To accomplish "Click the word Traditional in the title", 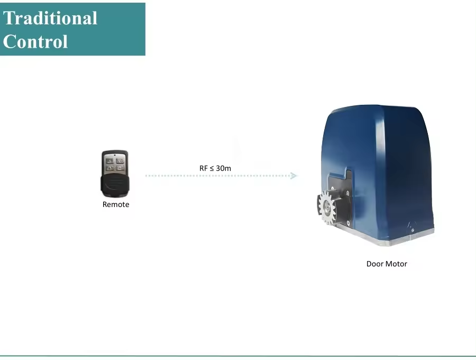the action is click(x=50, y=18).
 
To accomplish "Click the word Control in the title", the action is click(x=35, y=41).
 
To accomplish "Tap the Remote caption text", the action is click(x=115, y=204).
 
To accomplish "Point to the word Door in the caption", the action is click(x=374, y=264).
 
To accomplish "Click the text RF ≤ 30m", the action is click(x=215, y=168).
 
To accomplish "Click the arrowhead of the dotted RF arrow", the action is click(x=294, y=176).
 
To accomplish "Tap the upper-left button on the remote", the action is click(x=109, y=159).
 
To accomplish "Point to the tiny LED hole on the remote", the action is click(x=115, y=155).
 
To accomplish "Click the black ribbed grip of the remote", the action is click(x=115, y=185).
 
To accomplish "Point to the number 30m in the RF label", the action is click(x=223, y=168).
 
